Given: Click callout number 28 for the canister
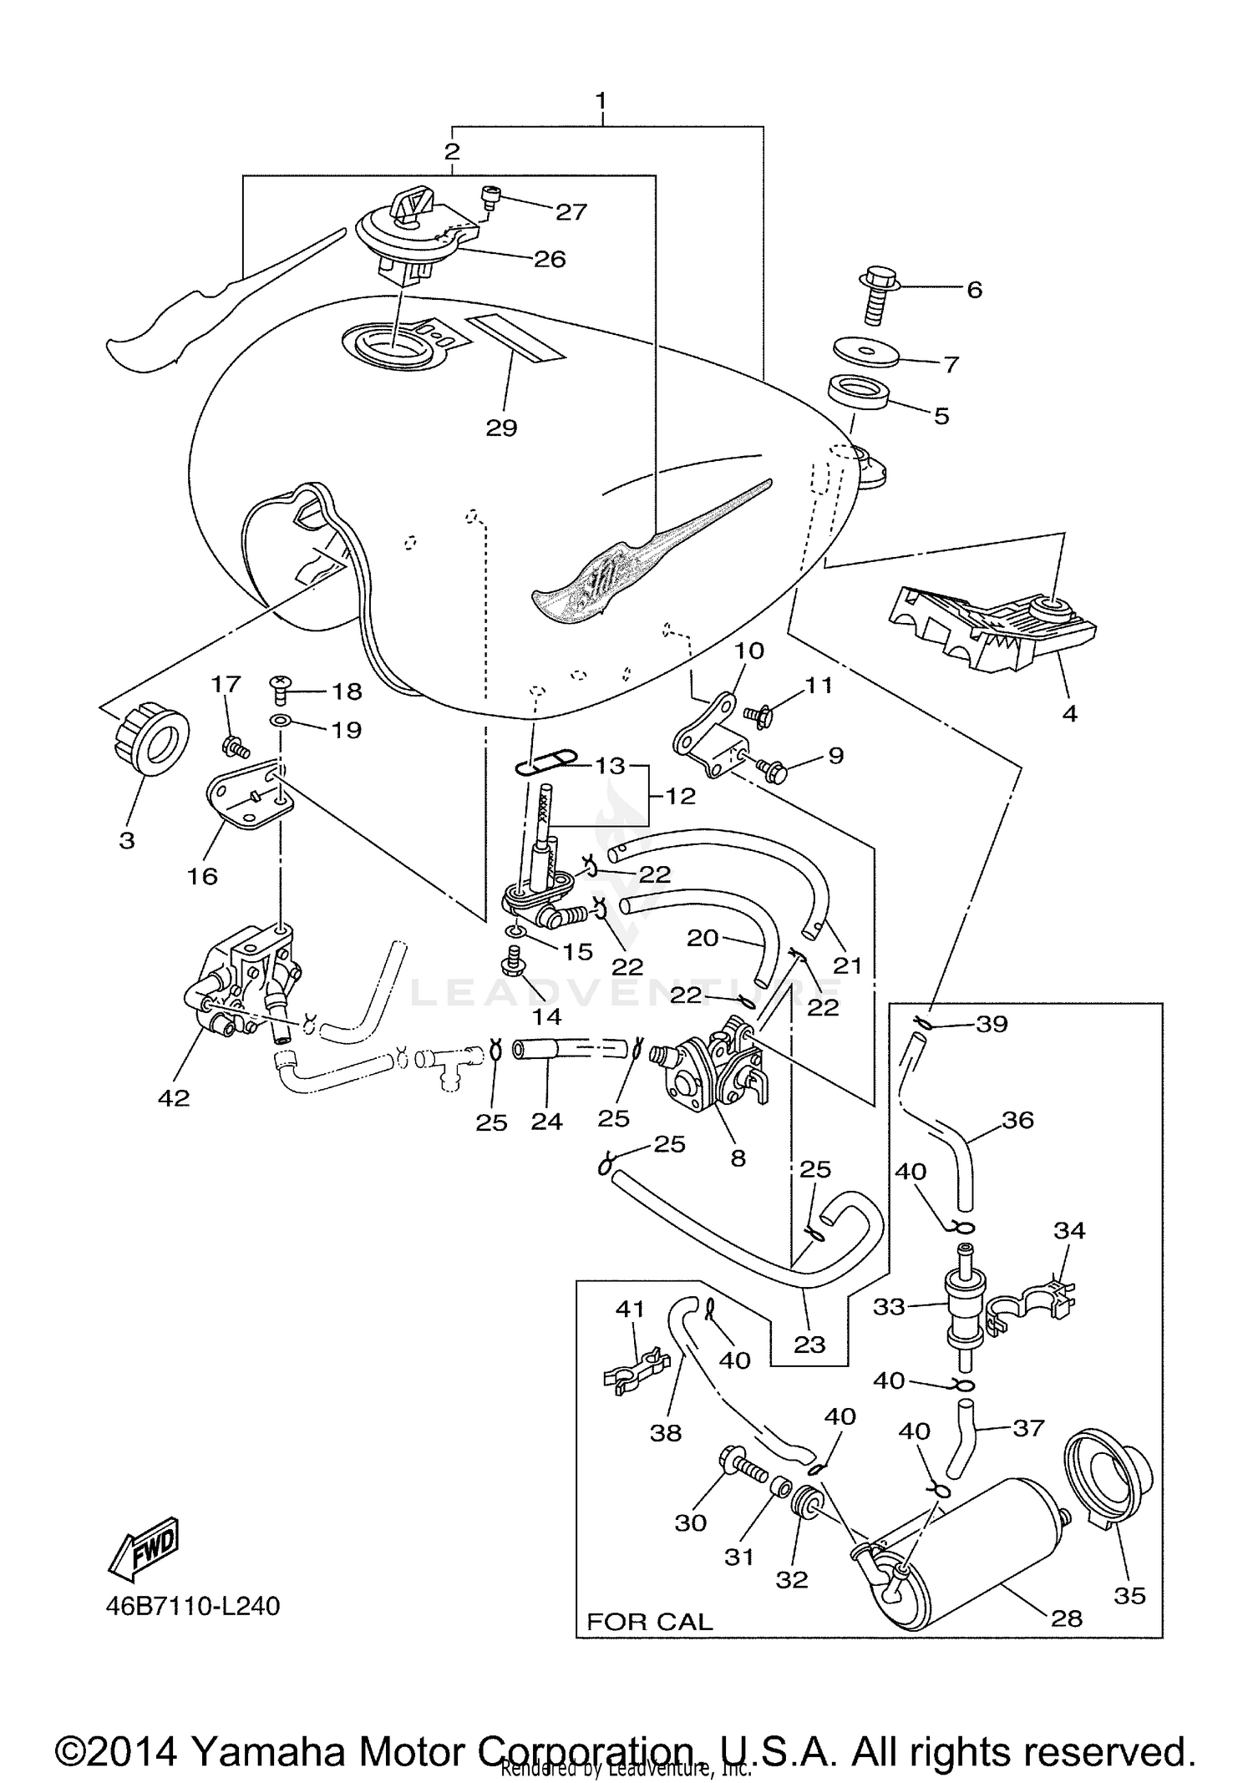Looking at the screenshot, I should coord(1067,1618).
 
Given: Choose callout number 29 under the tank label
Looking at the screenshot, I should coord(501,428).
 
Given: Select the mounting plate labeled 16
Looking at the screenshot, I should coord(246,797).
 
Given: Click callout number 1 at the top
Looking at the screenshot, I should coord(600,101).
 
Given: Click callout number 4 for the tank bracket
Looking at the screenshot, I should coord(1069,712).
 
